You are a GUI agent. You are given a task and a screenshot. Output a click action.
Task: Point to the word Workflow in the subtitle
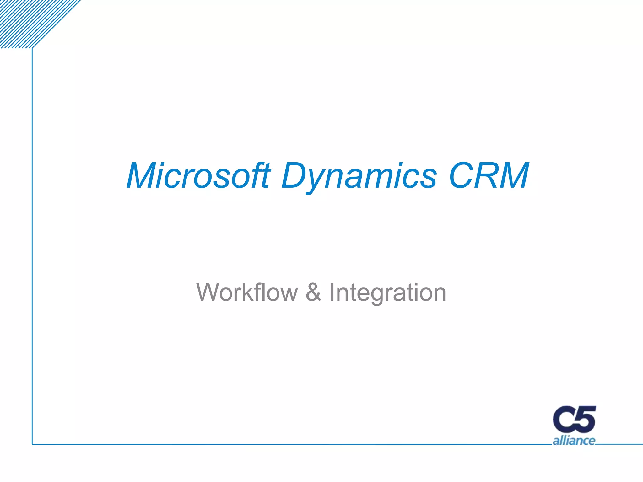[x=247, y=292]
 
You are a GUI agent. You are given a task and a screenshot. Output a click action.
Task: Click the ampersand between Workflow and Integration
[x=313, y=292]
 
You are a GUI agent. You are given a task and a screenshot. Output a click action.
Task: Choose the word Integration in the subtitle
[x=387, y=293]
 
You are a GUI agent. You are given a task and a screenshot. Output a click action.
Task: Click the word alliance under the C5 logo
[x=574, y=441]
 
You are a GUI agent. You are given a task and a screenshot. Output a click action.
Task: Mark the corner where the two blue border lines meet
[x=32, y=444]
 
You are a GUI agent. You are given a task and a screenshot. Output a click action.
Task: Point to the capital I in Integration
[x=332, y=292]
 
